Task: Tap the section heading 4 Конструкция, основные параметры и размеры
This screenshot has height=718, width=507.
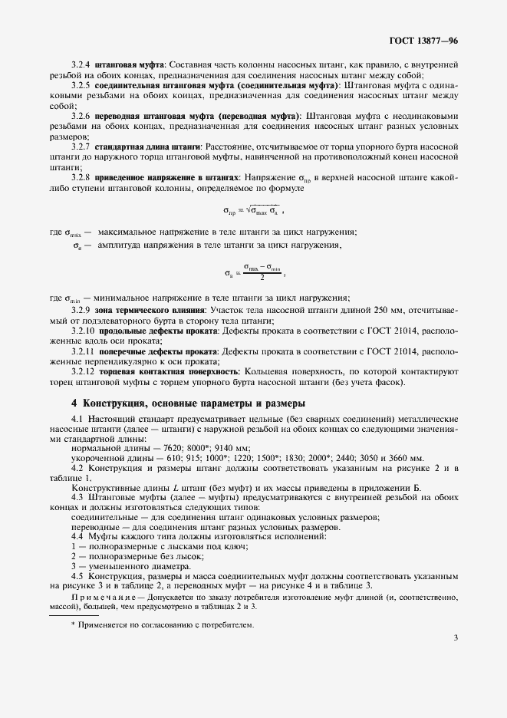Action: pyautogui.click(x=188, y=403)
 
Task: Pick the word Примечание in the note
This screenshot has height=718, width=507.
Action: pyautogui.click(x=100, y=596)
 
